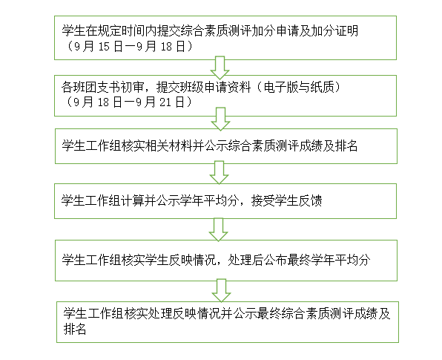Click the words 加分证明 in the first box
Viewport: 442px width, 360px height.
(334, 30)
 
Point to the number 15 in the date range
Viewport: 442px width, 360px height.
(104, 47)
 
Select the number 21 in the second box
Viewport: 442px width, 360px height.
(165, 102)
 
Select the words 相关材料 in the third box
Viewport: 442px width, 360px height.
(168, 146)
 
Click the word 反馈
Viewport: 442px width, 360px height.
(310, 200)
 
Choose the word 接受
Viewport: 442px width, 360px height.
(263, 200)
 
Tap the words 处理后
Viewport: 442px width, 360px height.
(245, 260)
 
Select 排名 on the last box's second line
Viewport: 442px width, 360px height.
(75, 329)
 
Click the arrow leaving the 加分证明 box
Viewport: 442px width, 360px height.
(220, 68)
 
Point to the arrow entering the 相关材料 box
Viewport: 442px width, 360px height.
(220, 119)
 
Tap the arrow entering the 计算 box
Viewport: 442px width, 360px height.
(219, 172)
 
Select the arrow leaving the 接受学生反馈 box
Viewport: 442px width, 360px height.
(218, 229)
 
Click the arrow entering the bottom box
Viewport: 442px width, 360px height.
(221, 290)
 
